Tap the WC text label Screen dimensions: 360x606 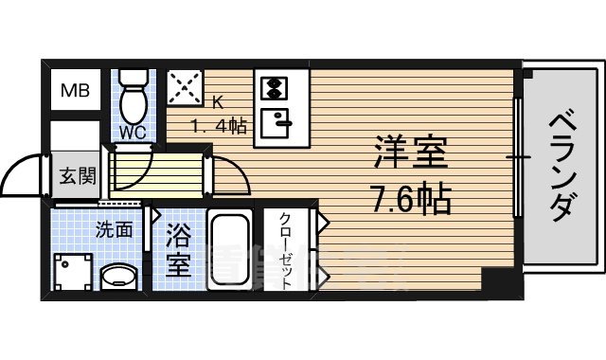(133, 133)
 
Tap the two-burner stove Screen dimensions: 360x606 (274, 89)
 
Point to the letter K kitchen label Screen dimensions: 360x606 (216, 102)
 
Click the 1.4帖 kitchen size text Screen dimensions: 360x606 (219, 125)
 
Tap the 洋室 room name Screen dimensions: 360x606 (410, 154)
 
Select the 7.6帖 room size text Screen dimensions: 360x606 (410, 198)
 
